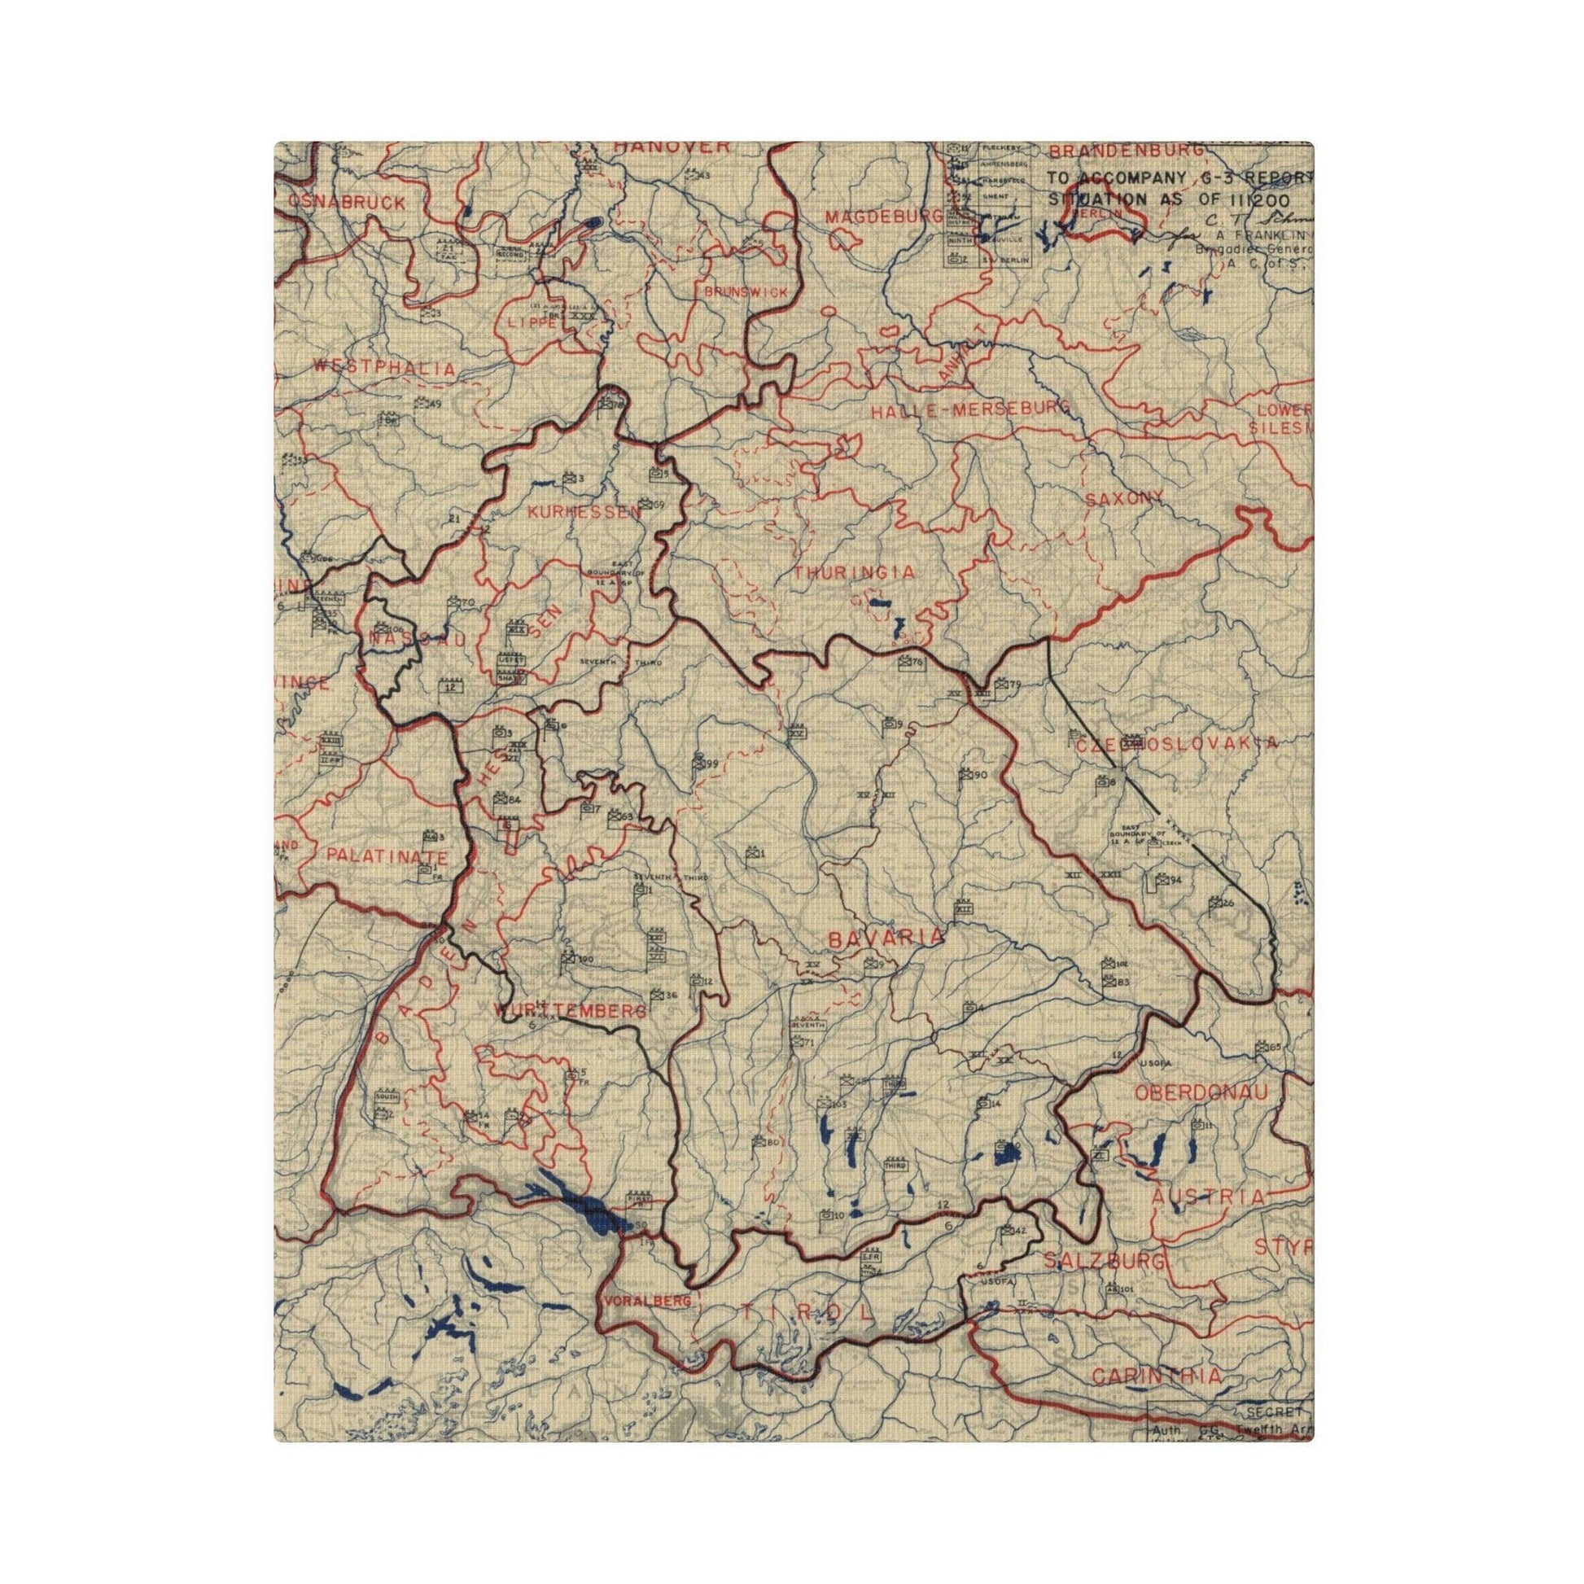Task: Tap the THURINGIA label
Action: tap(854, 573)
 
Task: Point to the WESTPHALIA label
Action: tap(383, 369)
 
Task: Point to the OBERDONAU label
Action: tap(1201, 1092)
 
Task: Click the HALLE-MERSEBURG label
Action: tap(972, 411)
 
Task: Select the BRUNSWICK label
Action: tap(746, 293)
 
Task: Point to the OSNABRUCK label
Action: tap(347, 203)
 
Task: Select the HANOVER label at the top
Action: tap(672, 147)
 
